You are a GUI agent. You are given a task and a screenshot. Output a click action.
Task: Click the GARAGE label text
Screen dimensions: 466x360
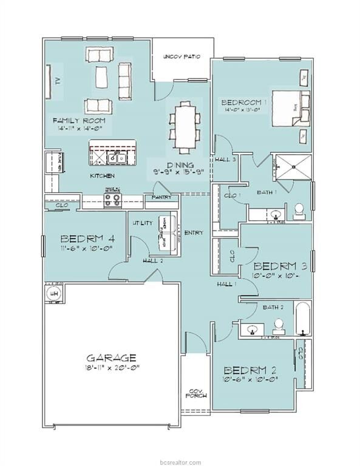(x=110, y=357)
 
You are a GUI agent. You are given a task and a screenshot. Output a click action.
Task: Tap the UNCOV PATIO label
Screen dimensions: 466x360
(x=182, y=57)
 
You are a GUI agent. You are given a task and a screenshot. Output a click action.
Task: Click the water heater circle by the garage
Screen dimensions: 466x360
(x=53, y=294)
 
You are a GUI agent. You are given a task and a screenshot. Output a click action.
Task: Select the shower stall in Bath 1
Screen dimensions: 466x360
(x=291, y=166)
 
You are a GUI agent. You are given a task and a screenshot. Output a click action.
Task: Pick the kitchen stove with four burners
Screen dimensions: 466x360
(x=112, y=201)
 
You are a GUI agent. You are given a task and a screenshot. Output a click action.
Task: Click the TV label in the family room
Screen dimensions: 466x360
(x=55, y=80)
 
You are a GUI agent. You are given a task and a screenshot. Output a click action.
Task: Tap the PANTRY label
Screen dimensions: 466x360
(x=161, y=198)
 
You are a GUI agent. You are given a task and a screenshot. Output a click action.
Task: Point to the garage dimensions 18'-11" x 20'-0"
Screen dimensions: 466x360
(x=110, y=368)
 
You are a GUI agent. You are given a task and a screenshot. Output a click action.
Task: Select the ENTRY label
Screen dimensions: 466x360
(x=194, y=232)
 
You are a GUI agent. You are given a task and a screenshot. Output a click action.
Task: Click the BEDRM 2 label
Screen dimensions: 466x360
(x=250, y=370)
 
